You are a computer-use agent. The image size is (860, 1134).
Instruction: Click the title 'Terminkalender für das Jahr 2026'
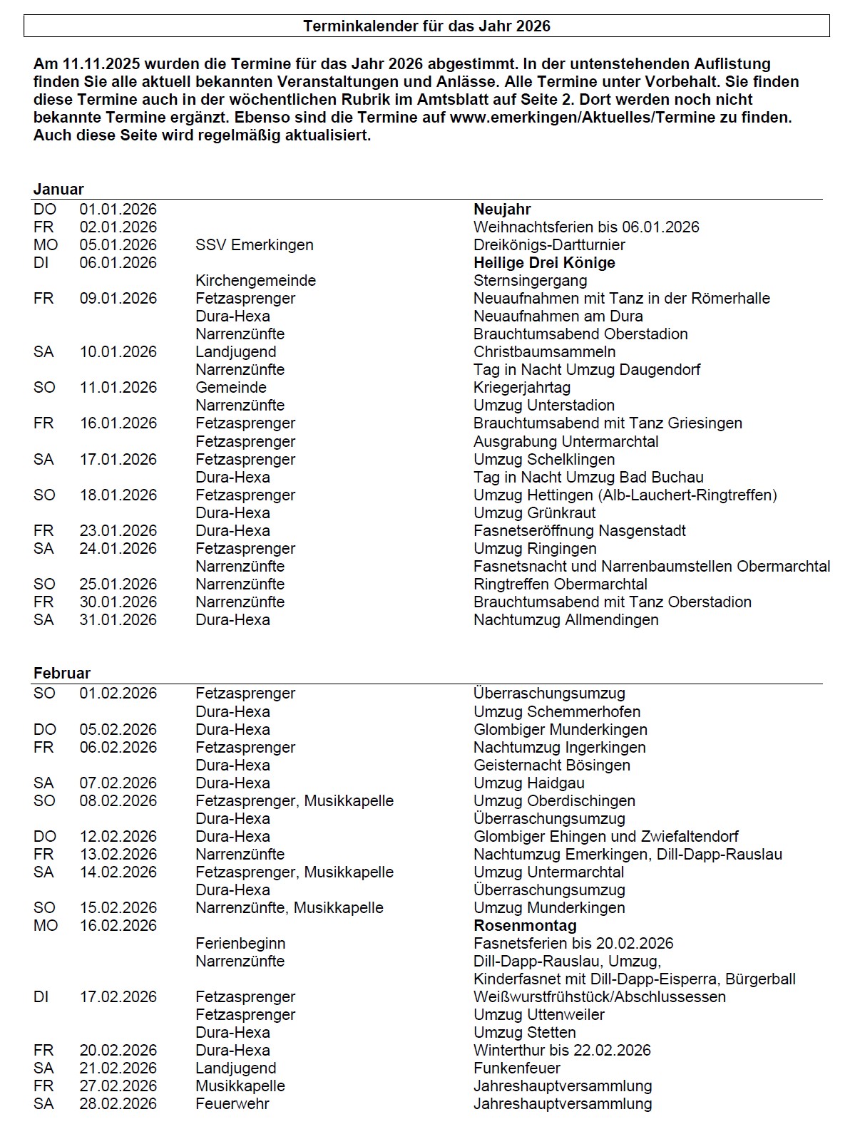point(426,26)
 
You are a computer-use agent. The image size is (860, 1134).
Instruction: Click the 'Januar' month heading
point(58,190)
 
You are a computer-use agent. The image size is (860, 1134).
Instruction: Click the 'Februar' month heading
point(62,674)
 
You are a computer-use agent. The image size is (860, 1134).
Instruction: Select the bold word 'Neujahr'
point(502,210)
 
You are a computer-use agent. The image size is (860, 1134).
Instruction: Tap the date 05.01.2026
point(118,245)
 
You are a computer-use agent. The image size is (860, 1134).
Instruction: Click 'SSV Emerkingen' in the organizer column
point(255,245)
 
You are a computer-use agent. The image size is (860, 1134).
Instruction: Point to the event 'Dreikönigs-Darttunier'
point(549,245)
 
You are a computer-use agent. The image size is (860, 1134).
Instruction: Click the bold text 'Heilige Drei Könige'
point(544,263)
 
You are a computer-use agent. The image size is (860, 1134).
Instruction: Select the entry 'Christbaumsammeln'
point(544,352)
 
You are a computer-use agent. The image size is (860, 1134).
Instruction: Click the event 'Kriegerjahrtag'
point(522,388)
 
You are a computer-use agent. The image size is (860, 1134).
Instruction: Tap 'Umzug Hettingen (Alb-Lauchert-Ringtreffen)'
point(625,495)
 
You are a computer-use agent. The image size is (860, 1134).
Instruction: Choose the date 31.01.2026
point(118,620)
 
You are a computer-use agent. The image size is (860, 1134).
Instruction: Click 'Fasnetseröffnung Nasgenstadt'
point(580,531)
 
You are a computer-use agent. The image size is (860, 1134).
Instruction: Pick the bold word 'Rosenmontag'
point(525,926)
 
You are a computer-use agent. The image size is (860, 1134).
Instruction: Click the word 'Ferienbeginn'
point(240,944)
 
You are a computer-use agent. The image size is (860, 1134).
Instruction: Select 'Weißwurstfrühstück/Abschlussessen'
point(600,997)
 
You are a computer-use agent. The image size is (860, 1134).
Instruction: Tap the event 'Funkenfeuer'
point(517,1068)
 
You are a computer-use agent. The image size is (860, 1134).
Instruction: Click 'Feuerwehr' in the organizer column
point(232,1104)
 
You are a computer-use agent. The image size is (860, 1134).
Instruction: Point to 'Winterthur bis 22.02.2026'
point(562,1051)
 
